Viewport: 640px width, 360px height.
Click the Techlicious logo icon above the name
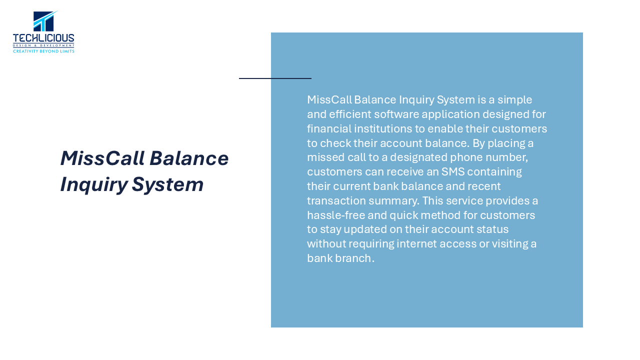click(45, 21)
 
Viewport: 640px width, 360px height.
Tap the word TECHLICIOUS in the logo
click(43, 38)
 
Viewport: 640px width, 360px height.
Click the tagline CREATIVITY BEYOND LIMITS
click(43, 51)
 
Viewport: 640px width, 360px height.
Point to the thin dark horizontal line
click(275, 78)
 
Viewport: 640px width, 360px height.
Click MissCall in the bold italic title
click(102, 158)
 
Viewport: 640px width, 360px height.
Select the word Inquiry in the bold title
click(93, 185)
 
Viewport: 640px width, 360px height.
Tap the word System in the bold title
click(167, 185)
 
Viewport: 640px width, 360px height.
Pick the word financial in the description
click(329, 128)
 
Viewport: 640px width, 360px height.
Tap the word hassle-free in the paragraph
click(336, 215)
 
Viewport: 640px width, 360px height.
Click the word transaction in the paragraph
click(336, 200)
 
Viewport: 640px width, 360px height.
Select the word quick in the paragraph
click(402, 215)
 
